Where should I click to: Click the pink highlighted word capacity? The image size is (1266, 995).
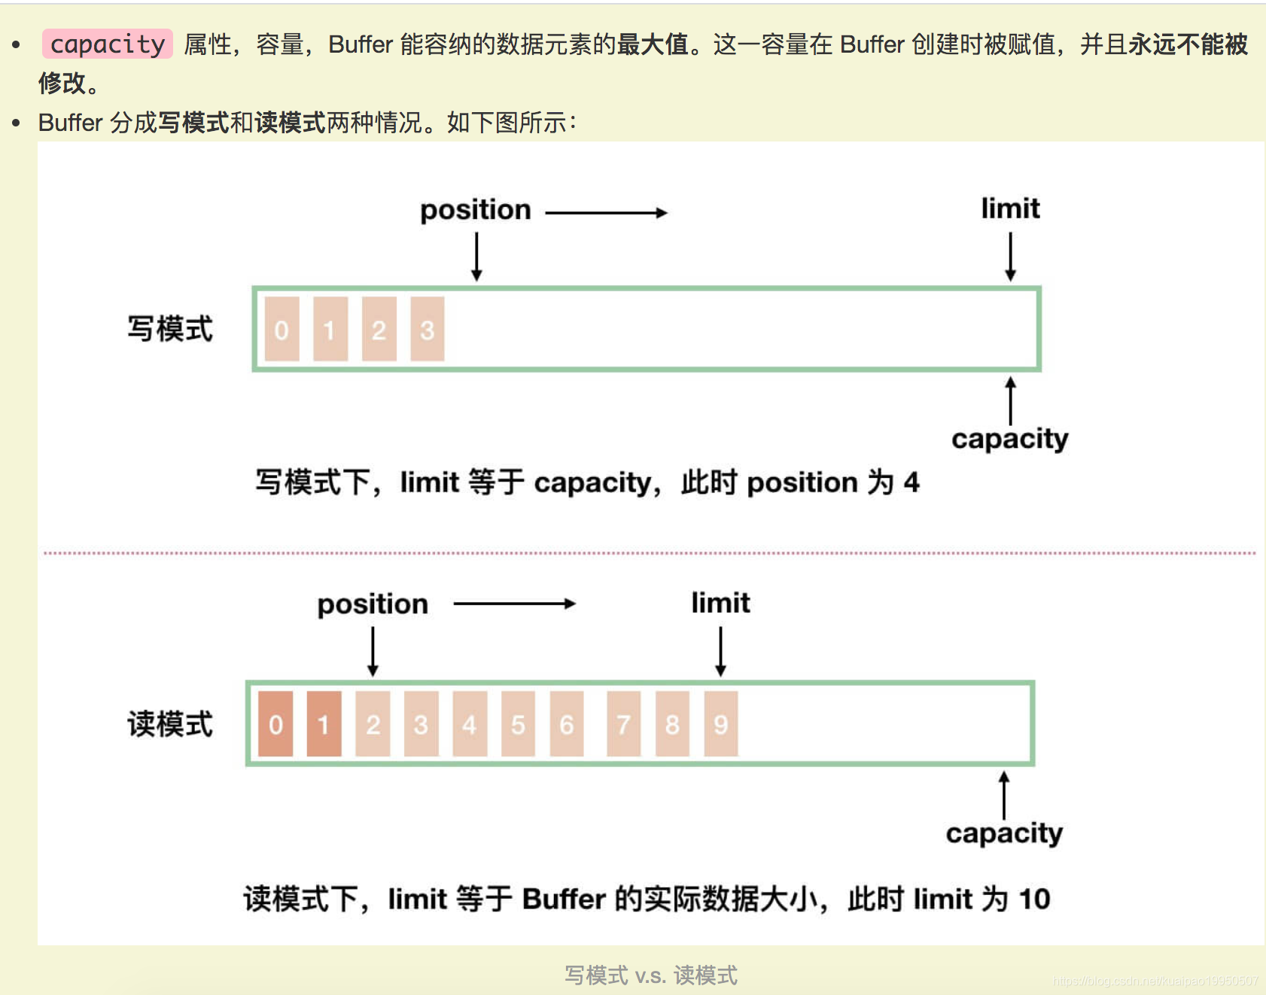107,44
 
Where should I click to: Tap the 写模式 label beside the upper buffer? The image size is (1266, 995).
170,329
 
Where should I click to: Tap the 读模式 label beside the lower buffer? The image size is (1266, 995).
170,724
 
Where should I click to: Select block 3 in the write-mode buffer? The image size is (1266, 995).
427,330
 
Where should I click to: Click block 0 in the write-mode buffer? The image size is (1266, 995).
282,330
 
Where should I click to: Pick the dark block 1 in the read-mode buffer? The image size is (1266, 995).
324,724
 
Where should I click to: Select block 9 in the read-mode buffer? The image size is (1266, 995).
720,724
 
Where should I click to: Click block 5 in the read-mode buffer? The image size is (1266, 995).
518,724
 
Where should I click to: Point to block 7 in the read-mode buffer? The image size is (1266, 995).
623,724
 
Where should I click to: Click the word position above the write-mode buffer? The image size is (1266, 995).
475,210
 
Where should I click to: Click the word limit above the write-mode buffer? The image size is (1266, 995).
1010,208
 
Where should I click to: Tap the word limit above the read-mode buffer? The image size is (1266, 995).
720,603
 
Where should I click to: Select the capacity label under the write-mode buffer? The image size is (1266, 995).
1009,439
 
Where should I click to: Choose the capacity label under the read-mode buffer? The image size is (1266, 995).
1004,833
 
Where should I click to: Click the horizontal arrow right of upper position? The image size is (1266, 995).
606,213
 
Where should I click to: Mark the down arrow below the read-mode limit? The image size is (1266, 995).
720,652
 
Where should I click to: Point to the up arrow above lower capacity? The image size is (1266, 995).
1003,795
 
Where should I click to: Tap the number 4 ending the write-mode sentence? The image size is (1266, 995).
911,482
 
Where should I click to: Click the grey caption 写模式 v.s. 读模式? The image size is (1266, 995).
650,975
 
